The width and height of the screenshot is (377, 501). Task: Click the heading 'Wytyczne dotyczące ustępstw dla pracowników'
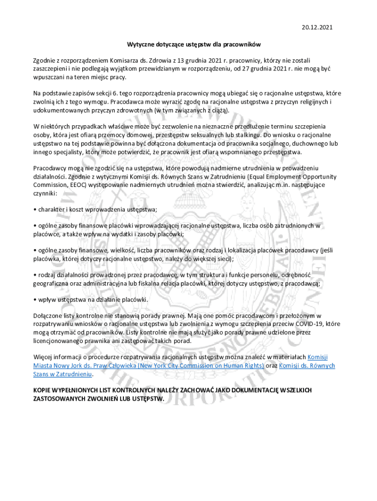pyautogui.click(x=188, y=44)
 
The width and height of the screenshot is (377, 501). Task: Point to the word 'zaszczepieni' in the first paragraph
pyautogui.click(x=50, y=68)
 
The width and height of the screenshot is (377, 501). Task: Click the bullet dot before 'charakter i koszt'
pyautogui.click(x=35, y=209)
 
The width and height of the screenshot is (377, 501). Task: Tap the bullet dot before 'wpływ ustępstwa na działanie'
pyautogui.click(x=35, y=299)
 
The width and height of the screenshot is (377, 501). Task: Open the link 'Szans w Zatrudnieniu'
pyautogui.click(x=62, y=374)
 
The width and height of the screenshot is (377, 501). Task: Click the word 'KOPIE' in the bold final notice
pyautogui.click(x=43, y=390)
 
